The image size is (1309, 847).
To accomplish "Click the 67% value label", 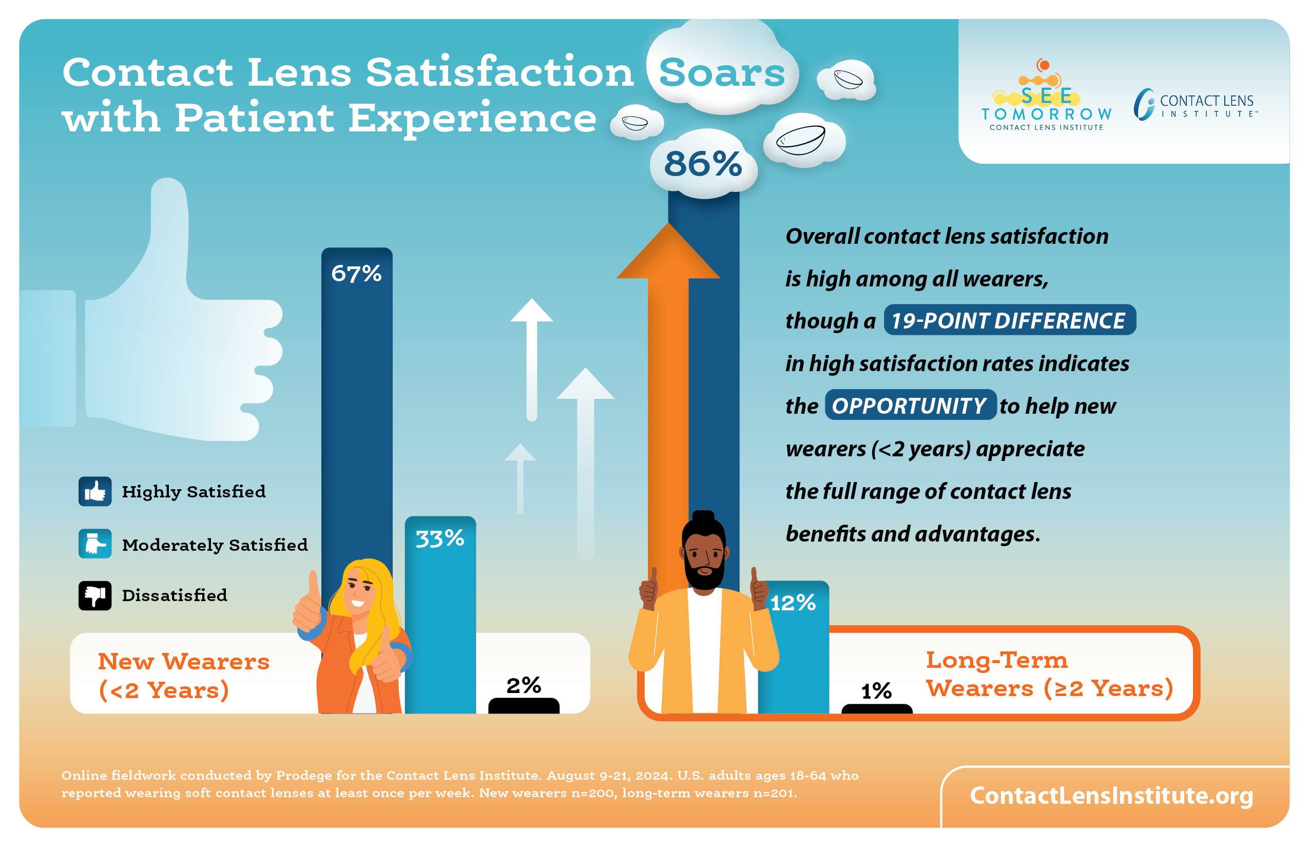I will click(x=356, y=273).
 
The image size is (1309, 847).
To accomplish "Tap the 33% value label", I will click(x=439, y=538).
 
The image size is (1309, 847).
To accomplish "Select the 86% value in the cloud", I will click(x=703, y=164).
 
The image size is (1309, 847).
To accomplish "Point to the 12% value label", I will click(x=793, y=603).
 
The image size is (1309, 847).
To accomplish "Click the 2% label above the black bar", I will click(x=524, y=685).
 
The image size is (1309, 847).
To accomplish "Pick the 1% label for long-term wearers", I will click(x=876, y=691).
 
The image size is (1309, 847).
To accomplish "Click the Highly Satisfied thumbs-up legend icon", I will click(x=94, y=491).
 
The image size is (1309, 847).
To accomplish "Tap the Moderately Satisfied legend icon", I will click(x=94, y=544).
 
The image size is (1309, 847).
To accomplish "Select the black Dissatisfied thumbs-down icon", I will click(x=94, y=595).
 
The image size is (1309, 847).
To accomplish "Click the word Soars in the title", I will click(x=722, y=73).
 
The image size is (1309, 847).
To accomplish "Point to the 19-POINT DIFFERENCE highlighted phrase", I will click(x=1009, y=320).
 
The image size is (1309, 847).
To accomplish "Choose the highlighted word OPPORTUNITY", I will click(x=910, y=406).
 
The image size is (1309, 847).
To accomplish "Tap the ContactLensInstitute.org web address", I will click(x=1111, y=795).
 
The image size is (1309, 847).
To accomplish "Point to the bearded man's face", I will click(x=704, y=555).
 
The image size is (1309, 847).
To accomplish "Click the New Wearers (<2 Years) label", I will click(x=184, y=676).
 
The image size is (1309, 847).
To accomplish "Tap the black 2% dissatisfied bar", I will click(x=524, y=706).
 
